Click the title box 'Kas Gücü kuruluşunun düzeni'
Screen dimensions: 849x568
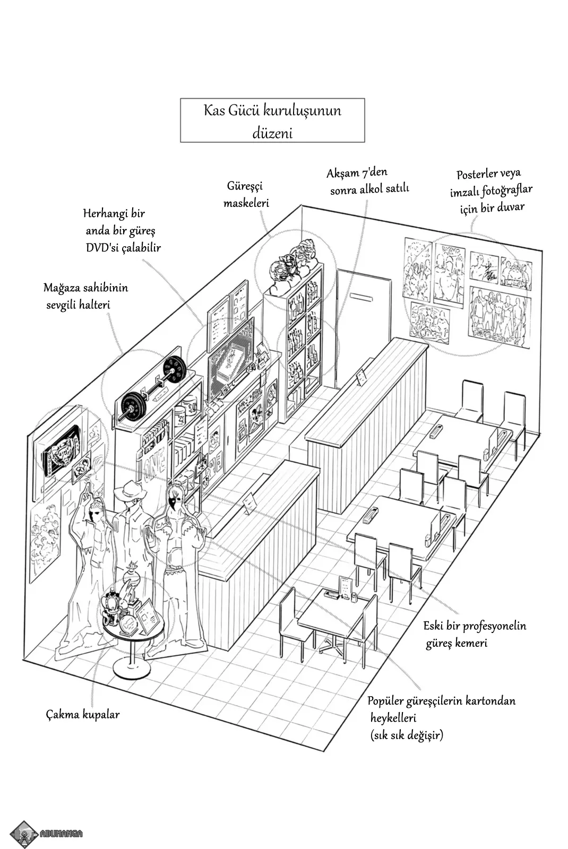272,120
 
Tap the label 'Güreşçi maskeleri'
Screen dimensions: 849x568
246,194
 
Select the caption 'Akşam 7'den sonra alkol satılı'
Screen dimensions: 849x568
368,181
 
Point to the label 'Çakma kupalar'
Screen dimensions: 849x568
82,714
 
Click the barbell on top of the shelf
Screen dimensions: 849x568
153,384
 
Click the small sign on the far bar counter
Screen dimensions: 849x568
362,377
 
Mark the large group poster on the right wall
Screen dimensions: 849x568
500,315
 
